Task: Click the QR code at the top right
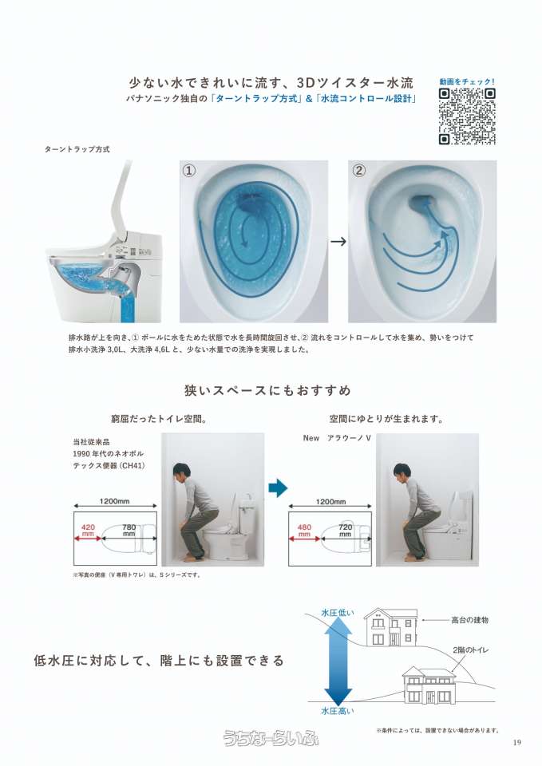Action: pyautogui.click(x=467, y=116)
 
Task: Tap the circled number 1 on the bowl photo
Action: pyautogui.click(x=189, y=171)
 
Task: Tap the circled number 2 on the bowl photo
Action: pyautogui.click(x=359, y=171)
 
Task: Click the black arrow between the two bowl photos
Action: pyautogui.click(x=338, y=241)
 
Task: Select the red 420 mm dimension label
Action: pyautogui.click(x=88, y=531)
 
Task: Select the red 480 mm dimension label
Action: pyautogui.click(x=304, y=531)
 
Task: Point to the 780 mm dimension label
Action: pyautogui.click(x=129, y=531)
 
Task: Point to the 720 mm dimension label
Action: pyautogui.click(x=345, y=531)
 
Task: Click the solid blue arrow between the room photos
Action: pyautogui.click(x=278, y=488)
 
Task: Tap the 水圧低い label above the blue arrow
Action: pyautogui.click(x=337, y=613)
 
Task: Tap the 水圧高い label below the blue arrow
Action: pyautogui.click(x=337, y=711)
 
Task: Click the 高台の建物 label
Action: pyautogui.click(x=469, y=620)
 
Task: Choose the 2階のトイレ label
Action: pyautogui.click(x=471, y=650)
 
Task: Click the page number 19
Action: pyautogui.click(x=517, y=743)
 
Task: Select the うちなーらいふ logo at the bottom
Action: pyautogui.click(x=271, y=737)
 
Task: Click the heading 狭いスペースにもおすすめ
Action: pyautogui.click(x=268, y=390)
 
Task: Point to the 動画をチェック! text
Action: pyautogui.click(x=467, y=81)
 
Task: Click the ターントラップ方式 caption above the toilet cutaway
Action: pyautogui.click(x=77, y=149)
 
